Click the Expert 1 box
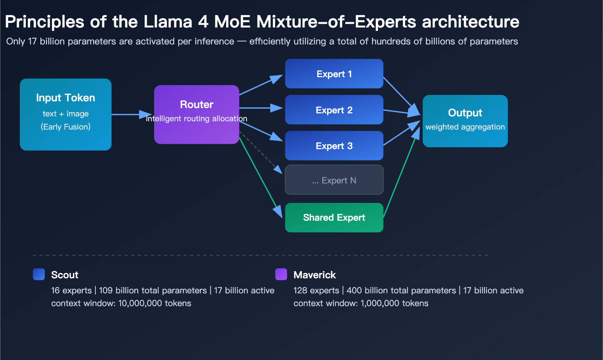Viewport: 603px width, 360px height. click(334, 74)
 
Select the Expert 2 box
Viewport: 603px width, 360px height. click(334, 110)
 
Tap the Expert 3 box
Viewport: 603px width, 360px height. click(334, 146)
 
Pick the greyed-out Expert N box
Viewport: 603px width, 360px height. click(334, 180)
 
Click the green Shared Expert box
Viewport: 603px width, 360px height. click(334, 218)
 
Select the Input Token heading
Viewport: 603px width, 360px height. click(66, 98)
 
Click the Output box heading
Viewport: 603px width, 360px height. click(465, 113)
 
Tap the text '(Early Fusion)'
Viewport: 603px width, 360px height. click(66, 127)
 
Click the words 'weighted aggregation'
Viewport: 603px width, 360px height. click(465, 127)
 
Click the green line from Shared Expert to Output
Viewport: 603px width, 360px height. click(399, 173)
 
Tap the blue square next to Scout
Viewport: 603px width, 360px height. click(39, 275)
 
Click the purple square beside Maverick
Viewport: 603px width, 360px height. click(281, 275)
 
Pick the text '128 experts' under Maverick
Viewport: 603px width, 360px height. click(316, 291)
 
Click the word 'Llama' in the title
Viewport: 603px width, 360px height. click(168, 22)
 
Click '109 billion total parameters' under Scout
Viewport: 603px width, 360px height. click(153, 291)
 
